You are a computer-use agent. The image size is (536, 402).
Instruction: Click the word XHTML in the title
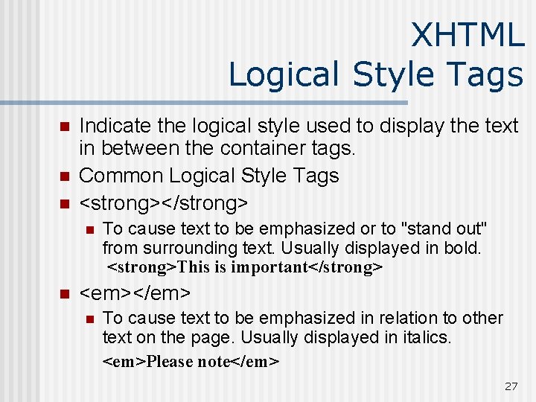click(468, 35)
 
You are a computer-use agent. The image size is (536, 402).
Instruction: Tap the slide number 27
click(511, 386)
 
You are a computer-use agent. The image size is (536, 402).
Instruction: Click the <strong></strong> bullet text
click(164, 202)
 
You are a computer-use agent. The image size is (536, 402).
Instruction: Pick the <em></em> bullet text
click(135, 293)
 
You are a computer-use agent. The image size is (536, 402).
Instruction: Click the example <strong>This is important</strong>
click(245, 267)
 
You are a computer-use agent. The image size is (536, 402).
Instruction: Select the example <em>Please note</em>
click(191, 362)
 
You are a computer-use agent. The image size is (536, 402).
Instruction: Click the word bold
click(464, 247)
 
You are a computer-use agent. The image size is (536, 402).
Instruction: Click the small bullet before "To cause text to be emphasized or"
click(89, 229)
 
